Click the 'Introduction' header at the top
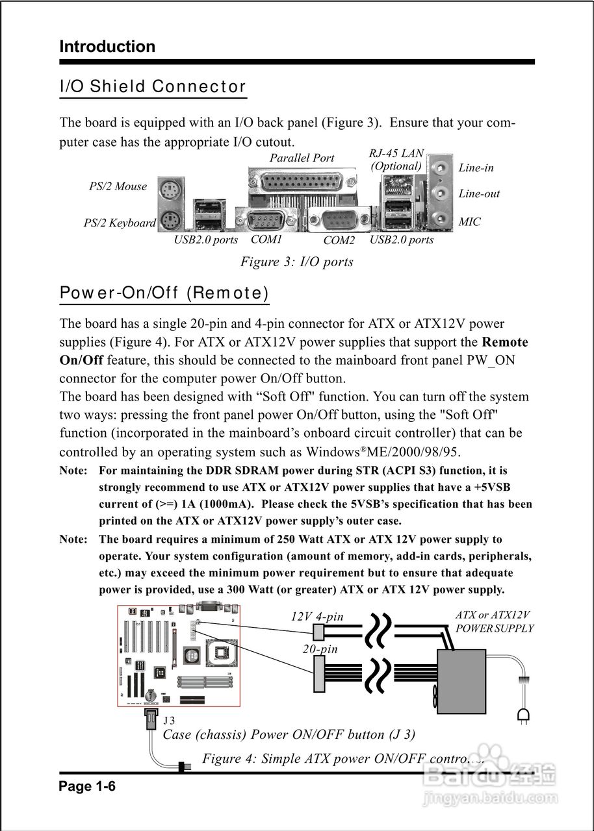pyautogui.click(x=107, y=47)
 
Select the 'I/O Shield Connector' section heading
pyautogui.click(x=153, y=86)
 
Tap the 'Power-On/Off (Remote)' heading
pyautogui.click(x=164, y=293)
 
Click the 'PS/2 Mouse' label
pyautogui.click(x=118, y=186)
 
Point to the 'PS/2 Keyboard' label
pyautogui.click(x=120, y=223)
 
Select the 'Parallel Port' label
pyautogui.click(x=302, y=158)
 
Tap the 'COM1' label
pyautogui.click(x=266, y=240)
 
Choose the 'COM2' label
pyautogui.click(x=339, y=240)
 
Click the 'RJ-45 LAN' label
pyautogui.click(x=396, y=154)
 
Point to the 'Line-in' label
pyautogui.click(x=476, y=167)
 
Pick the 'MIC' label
pyautogui.click(x=469, y=222)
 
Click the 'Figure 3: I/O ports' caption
pyautogui.click(x=296, y=262)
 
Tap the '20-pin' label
pyautogui.click(x=320, y=648)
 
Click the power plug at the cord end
pyautogui.click(x=523, y=715)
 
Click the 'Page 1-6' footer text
pyautogui.click(x=87, y=787)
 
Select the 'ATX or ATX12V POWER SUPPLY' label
pyautogui.click(x=494, y=621)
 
